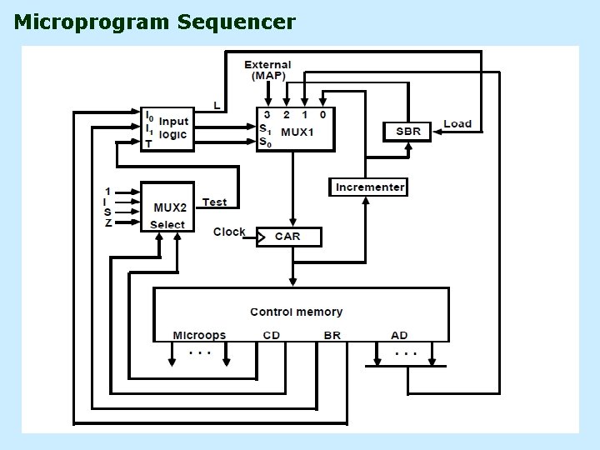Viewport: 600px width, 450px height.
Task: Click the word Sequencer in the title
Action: (x=237, y=22)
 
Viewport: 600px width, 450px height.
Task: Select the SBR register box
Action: (x=407, y=132)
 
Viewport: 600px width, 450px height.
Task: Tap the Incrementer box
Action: (x=368, y=187)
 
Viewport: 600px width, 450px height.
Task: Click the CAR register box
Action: (x=289, y=237)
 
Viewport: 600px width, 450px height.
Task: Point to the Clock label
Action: (x=229, y=232)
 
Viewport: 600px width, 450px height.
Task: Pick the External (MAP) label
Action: (x=267, y=70)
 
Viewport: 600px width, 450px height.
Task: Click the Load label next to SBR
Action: (x=457, y=124)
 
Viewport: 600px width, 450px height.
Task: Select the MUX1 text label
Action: (x=297, y=132)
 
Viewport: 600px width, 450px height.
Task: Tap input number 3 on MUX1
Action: (x=267, y=114)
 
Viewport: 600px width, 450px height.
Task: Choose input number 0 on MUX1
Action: (x=323, y=114)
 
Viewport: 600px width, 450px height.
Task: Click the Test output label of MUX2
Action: (x=215, y=202)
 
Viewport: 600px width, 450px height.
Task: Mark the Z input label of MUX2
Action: (x=108, y=222)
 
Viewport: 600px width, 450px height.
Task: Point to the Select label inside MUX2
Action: (x=167, y=225)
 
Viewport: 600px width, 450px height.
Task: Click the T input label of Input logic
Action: (x=148, y=144)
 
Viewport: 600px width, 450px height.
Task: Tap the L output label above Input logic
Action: (x=217, y=106)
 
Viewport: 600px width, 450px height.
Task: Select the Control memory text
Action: (x=296, y=312)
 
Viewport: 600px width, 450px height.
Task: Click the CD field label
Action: (x=272, y=335)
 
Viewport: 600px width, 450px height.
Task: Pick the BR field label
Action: (x=332, y=335)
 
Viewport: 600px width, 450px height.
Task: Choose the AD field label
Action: (x=399, y=335)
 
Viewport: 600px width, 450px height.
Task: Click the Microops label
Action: (x=199, y=336)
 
